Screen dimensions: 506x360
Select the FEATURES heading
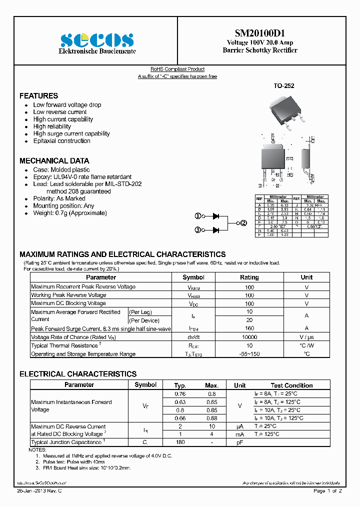tap(38, 95)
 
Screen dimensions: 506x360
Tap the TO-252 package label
tap(283, 86)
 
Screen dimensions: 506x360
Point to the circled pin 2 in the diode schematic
tap(243, 223)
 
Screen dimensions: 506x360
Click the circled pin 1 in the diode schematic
tap(198, 216)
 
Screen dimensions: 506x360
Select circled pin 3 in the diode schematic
tap(198, 230)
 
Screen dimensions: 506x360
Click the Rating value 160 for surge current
tap(249, 328)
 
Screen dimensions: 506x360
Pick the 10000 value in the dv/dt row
tap(249, 337)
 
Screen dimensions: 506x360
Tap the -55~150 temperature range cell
tap(249, 354)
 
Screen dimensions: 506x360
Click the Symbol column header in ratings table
tap(193, 277)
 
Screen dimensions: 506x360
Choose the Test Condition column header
tap(291, 385)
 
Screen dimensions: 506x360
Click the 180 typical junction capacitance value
tap(180, 442)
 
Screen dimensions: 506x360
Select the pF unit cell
tap(240, 442)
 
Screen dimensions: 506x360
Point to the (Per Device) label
tap(144, 320)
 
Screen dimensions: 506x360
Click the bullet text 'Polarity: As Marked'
tap(59, 198)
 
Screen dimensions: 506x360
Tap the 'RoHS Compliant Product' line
tap(177, 69)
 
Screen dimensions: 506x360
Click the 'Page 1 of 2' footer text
tap(327, 491)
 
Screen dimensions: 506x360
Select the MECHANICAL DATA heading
tap(54, 161)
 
